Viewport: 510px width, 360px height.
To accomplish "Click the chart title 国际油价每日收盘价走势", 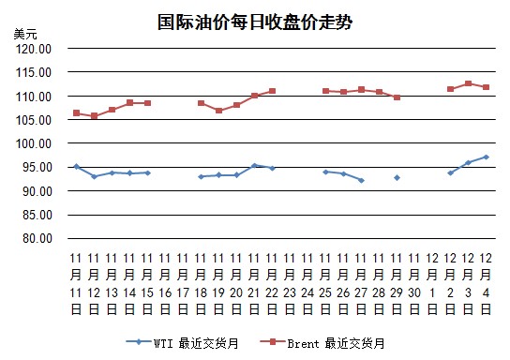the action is (255, 22).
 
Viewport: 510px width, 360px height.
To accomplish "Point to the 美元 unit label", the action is (25, 34).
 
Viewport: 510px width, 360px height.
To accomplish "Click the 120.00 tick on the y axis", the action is (34, 49).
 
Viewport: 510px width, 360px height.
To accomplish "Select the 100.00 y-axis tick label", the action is (34, 143).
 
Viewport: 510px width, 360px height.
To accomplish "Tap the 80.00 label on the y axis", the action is (37, 238).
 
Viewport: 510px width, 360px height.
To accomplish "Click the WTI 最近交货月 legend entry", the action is (183, 343).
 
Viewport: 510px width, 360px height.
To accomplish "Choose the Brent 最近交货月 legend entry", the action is (322, 343).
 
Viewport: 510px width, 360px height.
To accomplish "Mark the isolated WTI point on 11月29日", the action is (397, 178).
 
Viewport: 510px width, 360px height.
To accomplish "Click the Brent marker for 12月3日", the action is (468, 83).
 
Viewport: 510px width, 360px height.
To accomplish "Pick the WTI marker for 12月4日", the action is (486, 157).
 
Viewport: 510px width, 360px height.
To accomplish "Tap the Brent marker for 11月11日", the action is (77, 113).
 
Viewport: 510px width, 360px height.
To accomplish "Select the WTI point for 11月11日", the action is (77, 167).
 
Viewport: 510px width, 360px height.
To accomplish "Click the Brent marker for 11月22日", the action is (272, 91).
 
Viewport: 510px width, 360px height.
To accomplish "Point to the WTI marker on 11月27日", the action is (361, 180).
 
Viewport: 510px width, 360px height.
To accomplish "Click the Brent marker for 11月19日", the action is (218, 111).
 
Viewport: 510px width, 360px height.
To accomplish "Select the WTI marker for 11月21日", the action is (254, 166).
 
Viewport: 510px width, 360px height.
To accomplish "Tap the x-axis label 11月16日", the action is (165, 284).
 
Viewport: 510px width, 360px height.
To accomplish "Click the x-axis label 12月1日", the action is (432, 284).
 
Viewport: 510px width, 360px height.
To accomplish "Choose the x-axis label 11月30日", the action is (414, 284).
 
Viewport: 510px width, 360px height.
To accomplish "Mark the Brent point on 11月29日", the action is (397, 97).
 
